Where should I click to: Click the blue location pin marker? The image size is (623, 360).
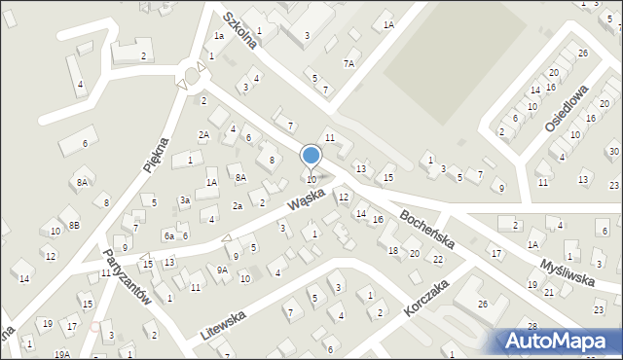(x=311, y=157)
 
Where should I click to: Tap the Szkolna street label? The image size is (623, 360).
(x=239, y=30)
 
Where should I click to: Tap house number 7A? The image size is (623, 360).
(x=348, y=63)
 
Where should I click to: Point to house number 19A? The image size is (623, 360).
(x=62, y=354)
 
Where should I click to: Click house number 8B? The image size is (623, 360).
(x=73, y=225)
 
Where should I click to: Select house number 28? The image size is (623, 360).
(x=532, y=325)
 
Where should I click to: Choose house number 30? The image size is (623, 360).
(x=613, y=151)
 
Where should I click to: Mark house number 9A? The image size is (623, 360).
(x=222, y=270)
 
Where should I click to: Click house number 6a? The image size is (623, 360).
(x=168, y=236)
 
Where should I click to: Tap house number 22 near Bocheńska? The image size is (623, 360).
(x=438, y=259)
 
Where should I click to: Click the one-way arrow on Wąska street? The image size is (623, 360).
(x=228, y=237)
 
